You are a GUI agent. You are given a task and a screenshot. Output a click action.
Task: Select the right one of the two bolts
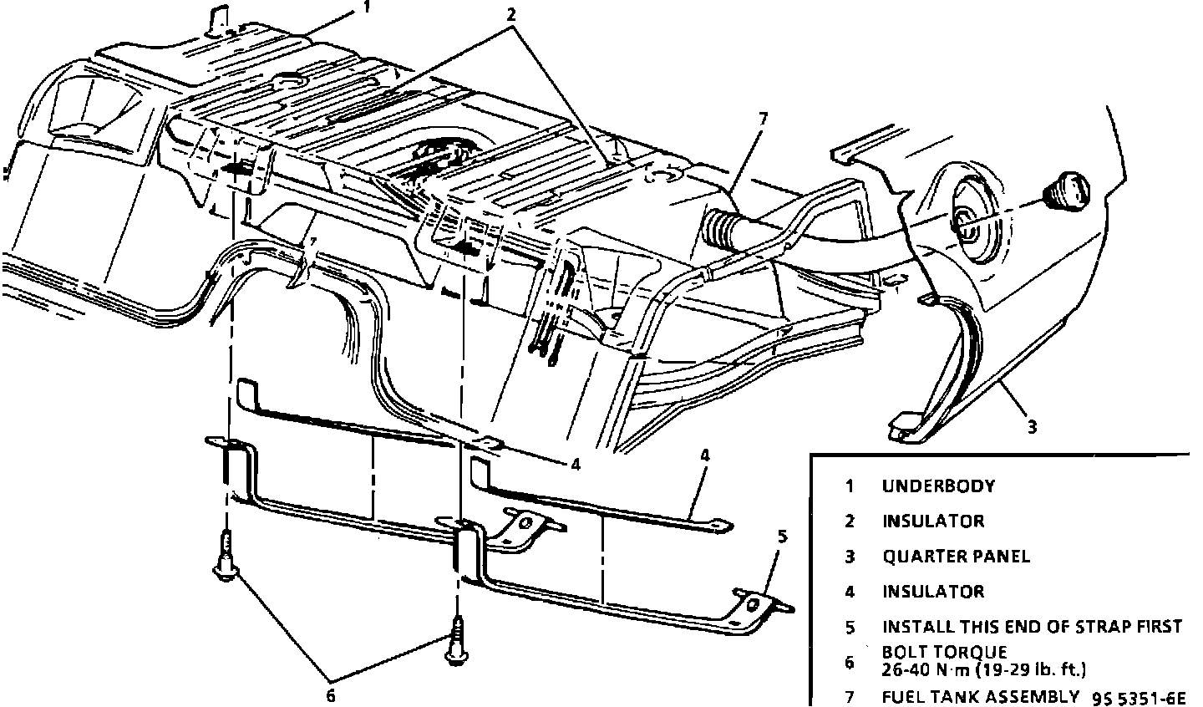click(457, 642)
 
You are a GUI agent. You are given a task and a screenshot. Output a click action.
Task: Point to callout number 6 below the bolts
click(331, 694)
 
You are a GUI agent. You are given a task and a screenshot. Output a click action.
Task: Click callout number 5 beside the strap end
click(781, 537)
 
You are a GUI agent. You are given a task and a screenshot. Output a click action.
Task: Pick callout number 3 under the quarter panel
click(1032, 427)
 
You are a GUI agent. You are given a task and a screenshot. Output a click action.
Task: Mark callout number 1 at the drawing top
click(366, 8)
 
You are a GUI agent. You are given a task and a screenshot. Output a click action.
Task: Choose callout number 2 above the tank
click(511, 14)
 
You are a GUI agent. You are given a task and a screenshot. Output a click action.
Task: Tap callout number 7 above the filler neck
click(762, 119)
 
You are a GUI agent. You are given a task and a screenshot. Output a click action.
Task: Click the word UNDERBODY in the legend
click(938, 486)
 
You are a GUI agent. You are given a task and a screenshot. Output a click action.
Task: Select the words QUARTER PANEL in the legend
click(956, 556)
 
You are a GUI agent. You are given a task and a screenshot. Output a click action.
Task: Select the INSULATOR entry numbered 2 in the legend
click(933, 521)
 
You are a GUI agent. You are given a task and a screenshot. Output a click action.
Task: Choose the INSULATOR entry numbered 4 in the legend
click(933, 592)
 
